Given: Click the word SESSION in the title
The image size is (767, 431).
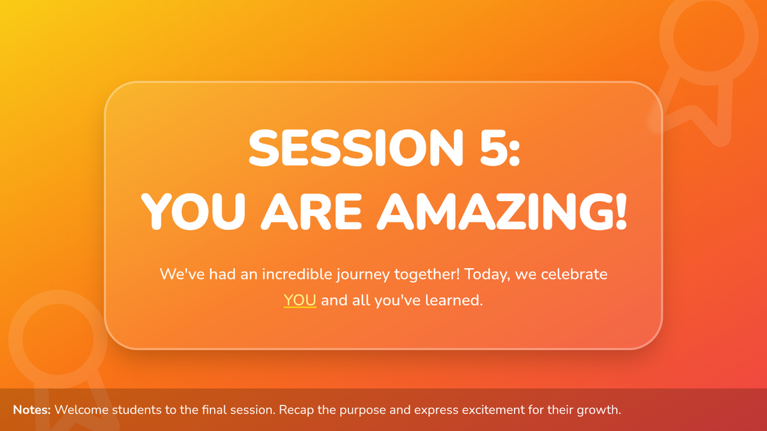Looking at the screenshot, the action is click(x=356, y=147).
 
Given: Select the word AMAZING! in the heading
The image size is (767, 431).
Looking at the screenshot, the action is click(x=502, y=211).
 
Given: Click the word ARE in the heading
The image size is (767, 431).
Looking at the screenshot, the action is click(x=311, y=211).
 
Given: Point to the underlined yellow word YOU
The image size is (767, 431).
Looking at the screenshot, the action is click(x=300, y=300).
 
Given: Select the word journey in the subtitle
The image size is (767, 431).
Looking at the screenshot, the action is click(x=363, y=275).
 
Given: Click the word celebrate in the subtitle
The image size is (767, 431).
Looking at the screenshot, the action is click(x=574, y=274).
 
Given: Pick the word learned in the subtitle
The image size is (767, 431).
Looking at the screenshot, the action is click(x=454, y=300).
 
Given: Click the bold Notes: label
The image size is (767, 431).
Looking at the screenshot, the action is click(x=32, y=410).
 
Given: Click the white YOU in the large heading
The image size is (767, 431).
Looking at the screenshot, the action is click(x=193, y=211).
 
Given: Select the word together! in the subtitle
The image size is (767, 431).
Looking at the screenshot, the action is click(x=427, y=275).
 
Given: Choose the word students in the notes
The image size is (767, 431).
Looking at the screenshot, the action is click(x=137, y=410).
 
